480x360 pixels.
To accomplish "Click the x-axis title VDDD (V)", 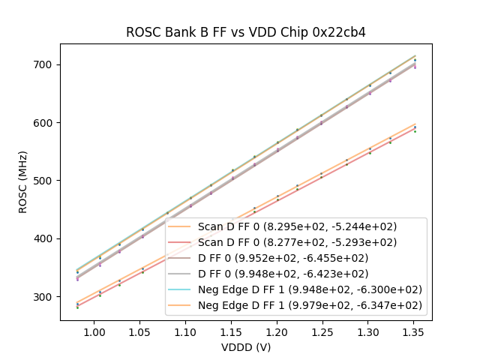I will point(245,347).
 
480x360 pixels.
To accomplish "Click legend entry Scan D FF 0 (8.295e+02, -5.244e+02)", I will point(298,226).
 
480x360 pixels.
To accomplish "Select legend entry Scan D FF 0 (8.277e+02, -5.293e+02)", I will point(298,242).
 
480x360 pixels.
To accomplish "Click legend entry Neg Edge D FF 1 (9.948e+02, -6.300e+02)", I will point(310,289).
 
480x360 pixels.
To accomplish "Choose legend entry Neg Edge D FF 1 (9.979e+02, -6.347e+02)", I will point(310,305).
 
